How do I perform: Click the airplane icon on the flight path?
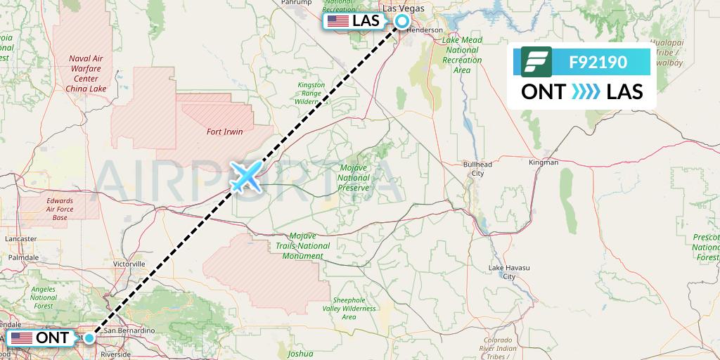(245, 176)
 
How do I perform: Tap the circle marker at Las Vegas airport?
(401, 21)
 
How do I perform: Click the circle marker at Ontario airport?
(89, 338)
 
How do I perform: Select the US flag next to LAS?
(338, 21)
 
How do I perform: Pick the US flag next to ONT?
(21, 338)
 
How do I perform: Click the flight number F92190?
(598, 62)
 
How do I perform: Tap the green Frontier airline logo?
(536, 62)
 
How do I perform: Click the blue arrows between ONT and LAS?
(584, 91)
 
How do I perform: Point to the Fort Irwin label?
(224, 131)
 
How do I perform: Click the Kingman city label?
(543, 162)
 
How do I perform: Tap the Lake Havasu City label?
(504, 272)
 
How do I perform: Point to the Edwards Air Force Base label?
(60, 210)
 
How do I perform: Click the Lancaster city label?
(20, 239)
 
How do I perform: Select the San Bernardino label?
(129, 330)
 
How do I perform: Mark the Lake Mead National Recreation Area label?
(462, 56)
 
